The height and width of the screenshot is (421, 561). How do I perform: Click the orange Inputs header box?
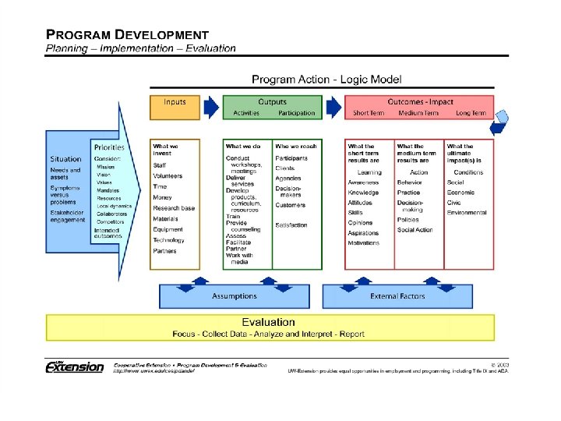(175, 107)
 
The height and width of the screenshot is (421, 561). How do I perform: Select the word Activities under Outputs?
(246, 113)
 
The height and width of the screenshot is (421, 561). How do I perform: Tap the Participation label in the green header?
(297, 113)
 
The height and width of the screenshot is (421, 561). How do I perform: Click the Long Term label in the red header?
(471, 113)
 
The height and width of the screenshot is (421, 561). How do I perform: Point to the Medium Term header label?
(419, 113)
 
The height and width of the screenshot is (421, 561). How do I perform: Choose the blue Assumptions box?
(234, 296)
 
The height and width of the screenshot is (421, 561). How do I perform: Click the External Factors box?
(397, 296)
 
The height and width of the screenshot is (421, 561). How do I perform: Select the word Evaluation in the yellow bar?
(268, 322)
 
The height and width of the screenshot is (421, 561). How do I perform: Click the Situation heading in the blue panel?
(65, 159)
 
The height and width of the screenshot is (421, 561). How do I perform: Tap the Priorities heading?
(109, 147)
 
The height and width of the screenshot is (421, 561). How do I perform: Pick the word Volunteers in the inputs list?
(168, 176)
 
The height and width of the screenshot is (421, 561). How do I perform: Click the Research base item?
(174, 208)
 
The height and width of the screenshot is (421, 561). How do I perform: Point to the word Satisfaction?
(291, 225)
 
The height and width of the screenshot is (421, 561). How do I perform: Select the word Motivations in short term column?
(363, 242)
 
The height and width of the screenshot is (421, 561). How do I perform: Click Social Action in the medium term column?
(415, 230)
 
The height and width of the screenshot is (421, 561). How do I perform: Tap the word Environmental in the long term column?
(467, 212)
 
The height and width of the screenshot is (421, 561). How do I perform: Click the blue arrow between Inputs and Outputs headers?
(211, 108)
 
